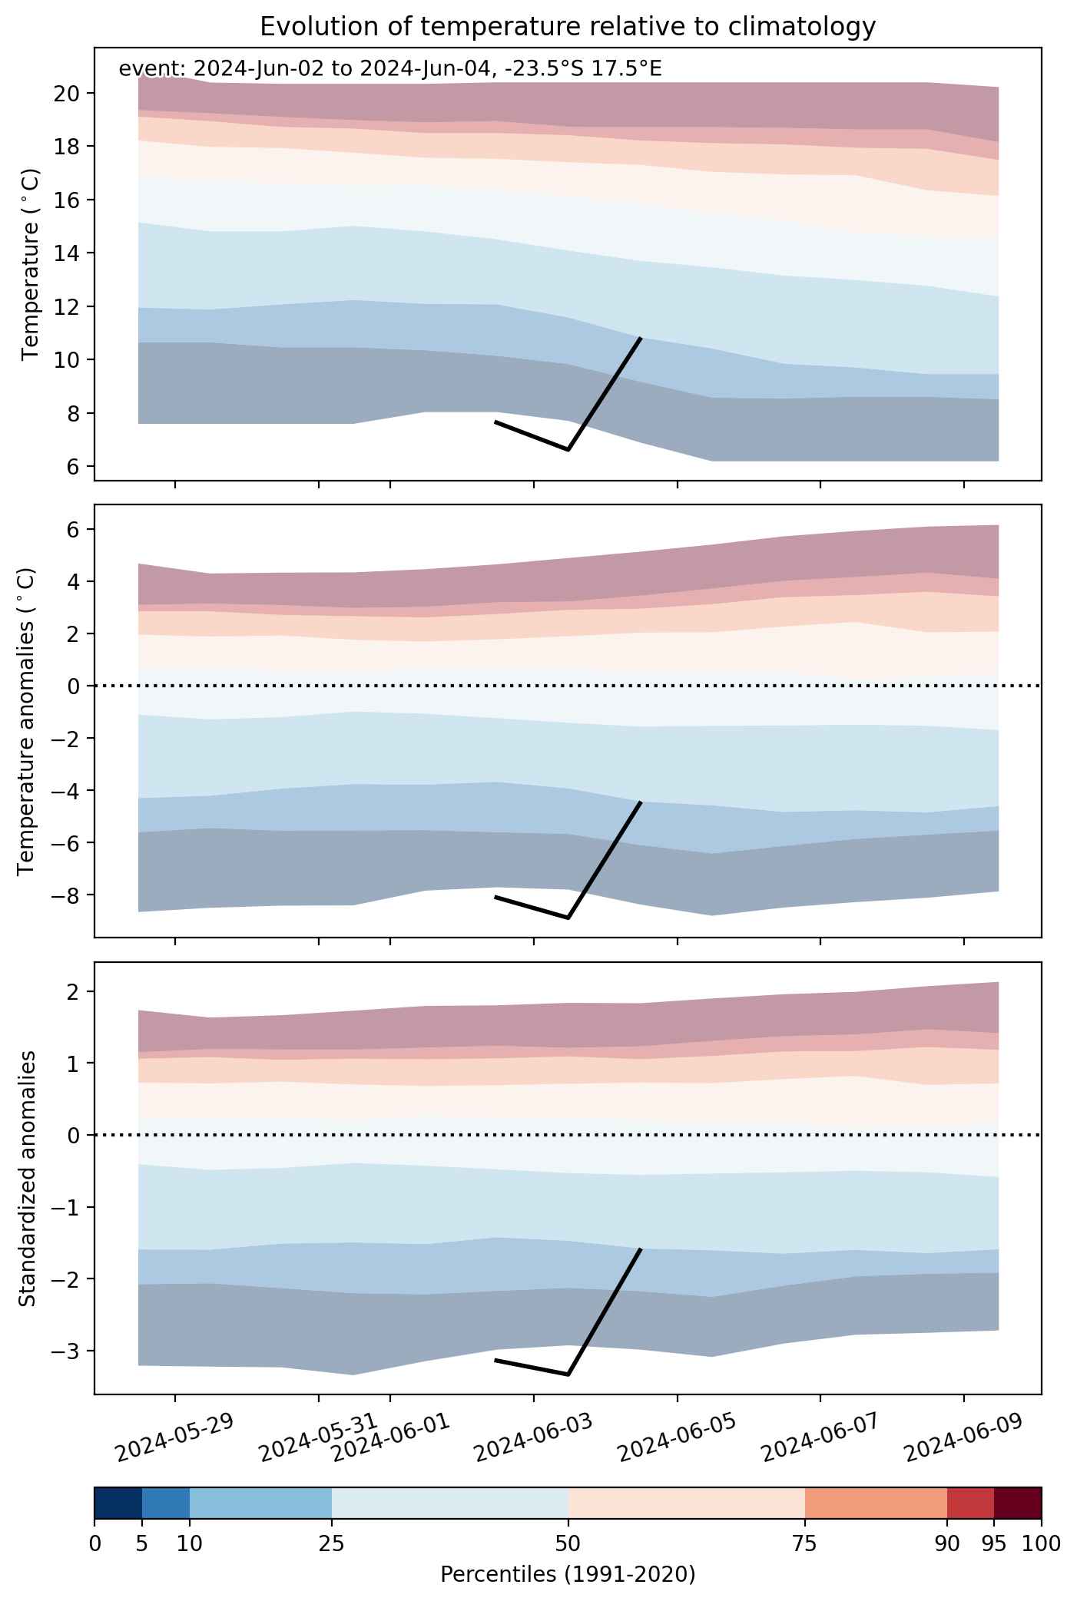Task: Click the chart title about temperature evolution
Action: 568,27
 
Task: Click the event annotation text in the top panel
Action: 390,69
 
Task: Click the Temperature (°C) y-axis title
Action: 31,264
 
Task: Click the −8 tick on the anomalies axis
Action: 70,895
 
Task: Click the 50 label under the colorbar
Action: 568,1543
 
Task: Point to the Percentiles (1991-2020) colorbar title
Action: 568,1575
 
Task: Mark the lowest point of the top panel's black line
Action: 568,449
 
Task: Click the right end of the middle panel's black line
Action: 641,802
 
